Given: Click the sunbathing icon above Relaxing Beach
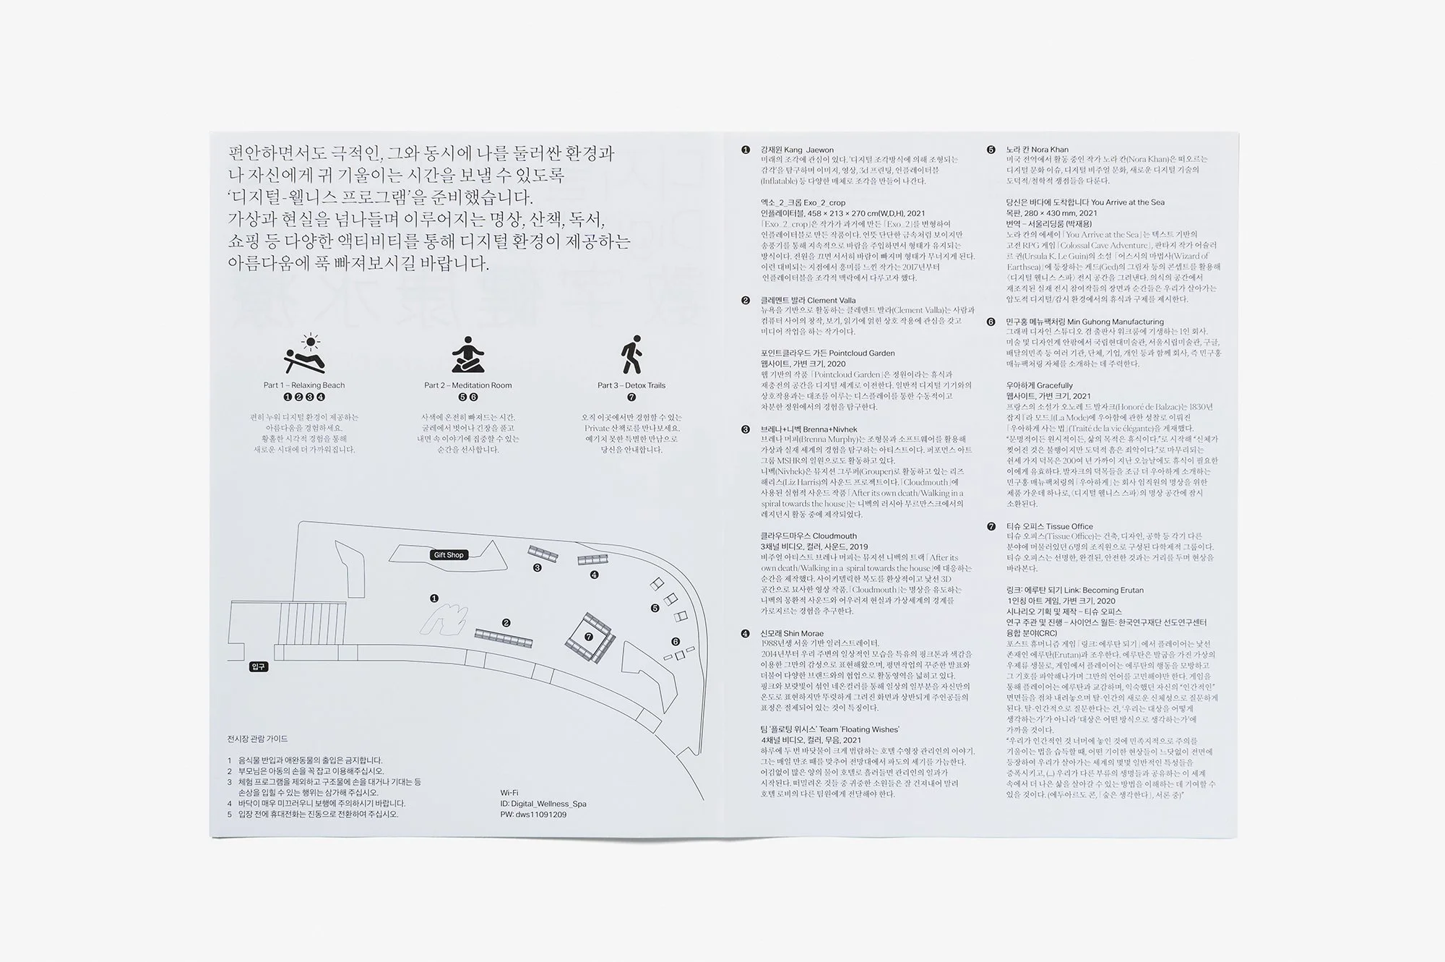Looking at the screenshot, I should [x=304, y=354].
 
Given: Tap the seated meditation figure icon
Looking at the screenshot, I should [x=467, y=355].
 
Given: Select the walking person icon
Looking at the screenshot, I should [x=631, y=354].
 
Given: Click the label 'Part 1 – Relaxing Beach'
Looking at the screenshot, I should [x=304, y=385].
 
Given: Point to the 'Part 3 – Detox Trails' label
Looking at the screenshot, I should [x=631, y=385].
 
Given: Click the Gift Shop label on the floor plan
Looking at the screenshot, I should [x=449, y=555].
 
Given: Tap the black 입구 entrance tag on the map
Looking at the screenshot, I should [x=259, y=666].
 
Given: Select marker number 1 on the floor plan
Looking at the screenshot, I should [x=434, y=598].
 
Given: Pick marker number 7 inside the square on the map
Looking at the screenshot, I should [x=589, y=637].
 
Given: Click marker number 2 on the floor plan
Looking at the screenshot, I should [x=506, y=623].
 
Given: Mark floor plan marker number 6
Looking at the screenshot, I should [x=676, y=642].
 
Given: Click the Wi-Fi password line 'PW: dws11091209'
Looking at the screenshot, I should [x=533, y=815].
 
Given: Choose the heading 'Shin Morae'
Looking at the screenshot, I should [x=792, y=633].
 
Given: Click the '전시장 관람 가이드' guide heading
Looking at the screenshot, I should [x=257, y=739].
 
